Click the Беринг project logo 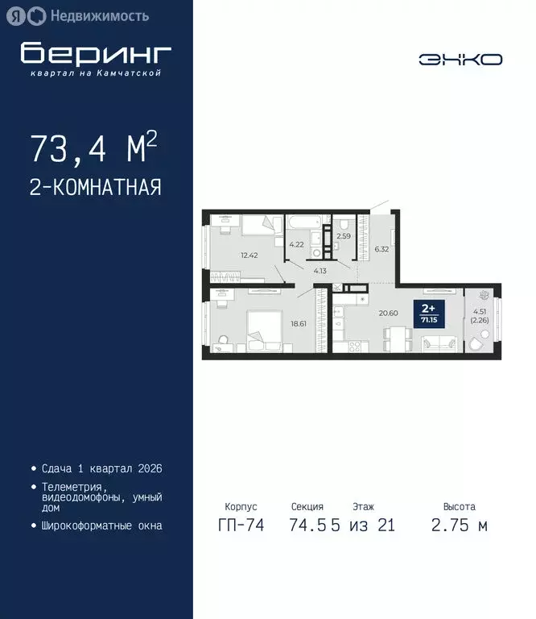tap(96, 54)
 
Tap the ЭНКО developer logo tap(460, 59)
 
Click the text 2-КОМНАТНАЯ tap(96, 188)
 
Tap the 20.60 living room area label tap(389, 314)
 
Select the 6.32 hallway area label tap(382, 249)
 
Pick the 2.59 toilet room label tap(344, 236)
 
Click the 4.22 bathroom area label tap(297, 244)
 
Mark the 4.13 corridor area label tap(320, 271)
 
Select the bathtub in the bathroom tap(304, 222)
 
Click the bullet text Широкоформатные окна tap(101, 526)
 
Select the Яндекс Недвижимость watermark tap(78, 15)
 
